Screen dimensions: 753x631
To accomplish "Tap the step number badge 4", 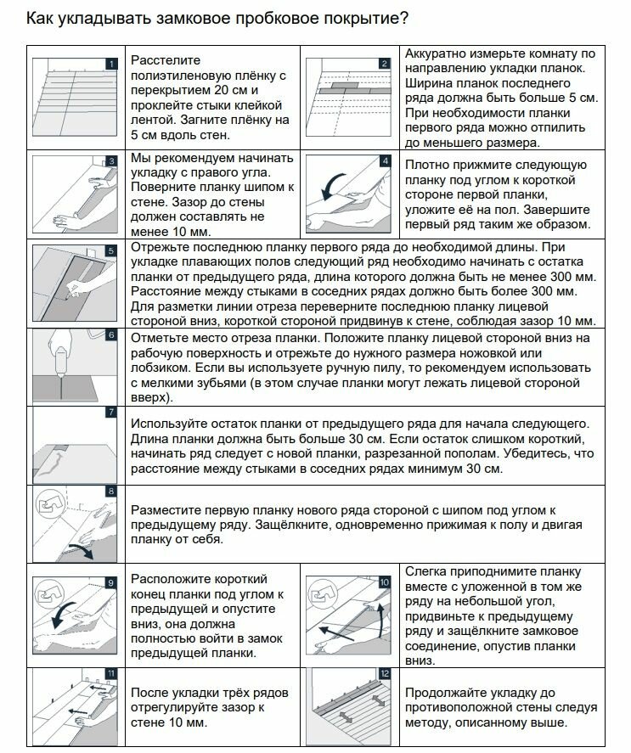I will click(385, 160).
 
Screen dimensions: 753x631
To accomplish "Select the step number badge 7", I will click(110, 413).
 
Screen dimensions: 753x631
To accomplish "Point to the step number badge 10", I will click(385, 582).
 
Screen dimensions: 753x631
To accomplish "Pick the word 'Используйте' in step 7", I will click(170, 423).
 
